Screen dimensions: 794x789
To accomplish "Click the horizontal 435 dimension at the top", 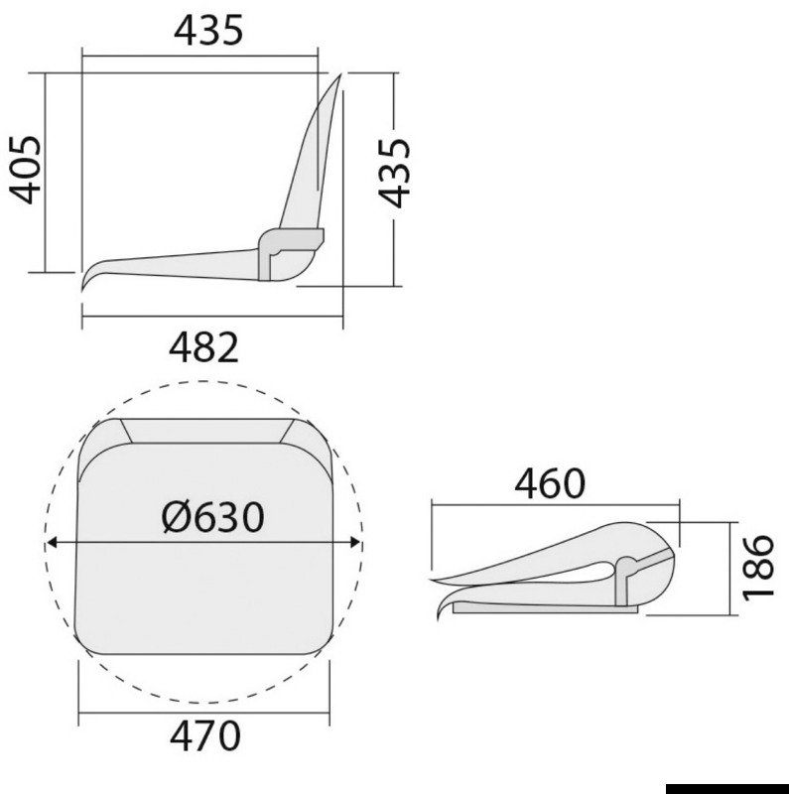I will point(207,32).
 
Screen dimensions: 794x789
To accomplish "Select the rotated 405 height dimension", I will point(26,170).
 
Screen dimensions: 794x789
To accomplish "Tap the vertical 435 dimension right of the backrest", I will point(395,172).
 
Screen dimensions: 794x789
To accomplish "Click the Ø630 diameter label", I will point(212,516).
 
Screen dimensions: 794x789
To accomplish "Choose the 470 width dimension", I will point(203,735).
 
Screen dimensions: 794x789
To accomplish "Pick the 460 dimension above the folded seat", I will point(550,483).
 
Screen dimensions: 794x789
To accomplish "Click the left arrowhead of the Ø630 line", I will point(52,542).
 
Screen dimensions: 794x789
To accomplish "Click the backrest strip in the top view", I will point(203,431).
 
